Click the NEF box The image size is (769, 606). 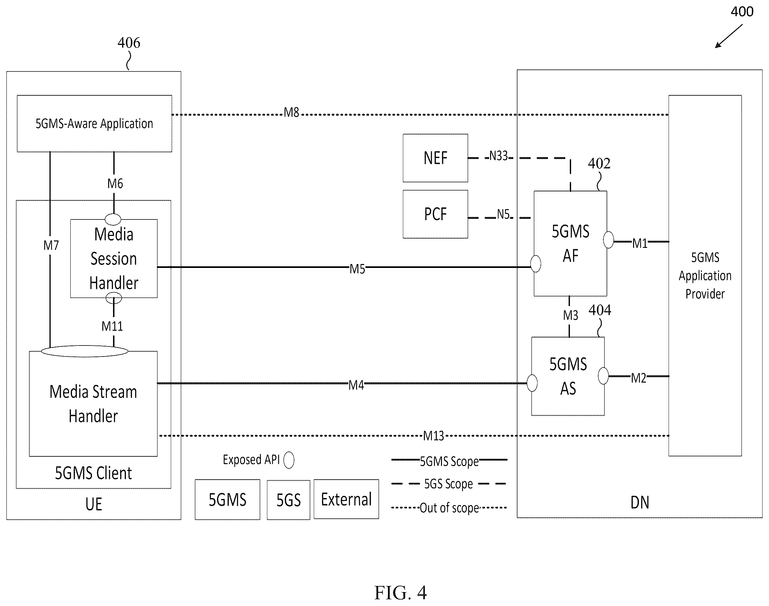pyautogui.click(x=435, y=158)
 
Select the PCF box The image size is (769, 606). pyautogui.click(x=435, y=214)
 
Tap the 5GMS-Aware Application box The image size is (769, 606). pyautogui.click(x=95, y=123)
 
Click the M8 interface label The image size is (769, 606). pyautogui.click(x=291, y=112)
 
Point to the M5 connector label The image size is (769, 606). pyautogui.click(x=357, y=269)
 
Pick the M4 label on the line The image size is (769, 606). pyautogui.click(x=356, y=385)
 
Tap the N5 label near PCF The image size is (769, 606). pyautogui.click(x=503, y=214)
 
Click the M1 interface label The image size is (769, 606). pyautogui.click(x=640, y=243)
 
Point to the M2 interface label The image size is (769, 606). pyautogui.click(x=639, y=378)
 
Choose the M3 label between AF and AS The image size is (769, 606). pyautogui.click(x=570, y=315)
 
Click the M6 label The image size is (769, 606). pyautogui.click(x=115, y=184)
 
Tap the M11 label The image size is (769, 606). pyautogui.click(x=112, y=326)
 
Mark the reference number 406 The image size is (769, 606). pyautogui.click(x=129, y=43)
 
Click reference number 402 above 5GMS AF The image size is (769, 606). pyautogui.click(x=599, y=163)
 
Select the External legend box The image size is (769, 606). pyautogui.click(x=346, y=499)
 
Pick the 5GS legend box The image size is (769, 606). pyautogui.click(x=289, y=500)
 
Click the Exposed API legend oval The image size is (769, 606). pyautogui.click(x=289, y=460)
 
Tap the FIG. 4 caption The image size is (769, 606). pyautogui.click(x=400, y=593)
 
